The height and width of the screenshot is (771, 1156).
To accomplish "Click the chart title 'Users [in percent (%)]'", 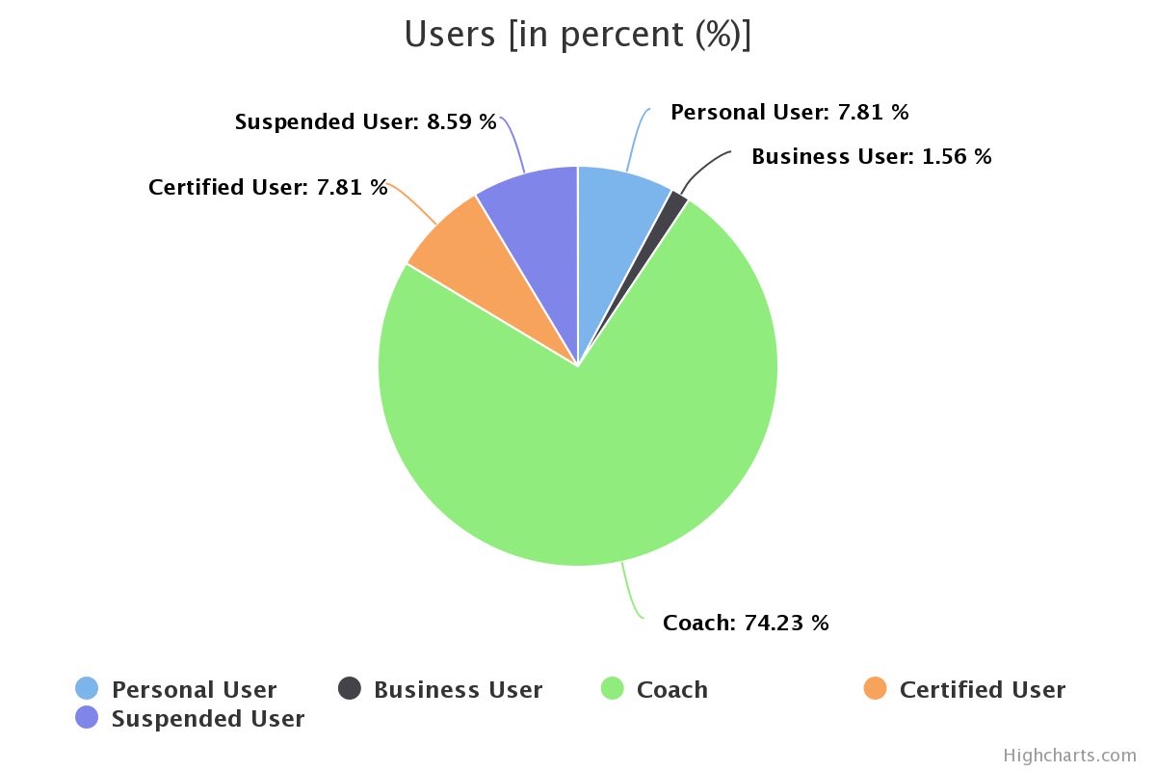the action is click(577, 34).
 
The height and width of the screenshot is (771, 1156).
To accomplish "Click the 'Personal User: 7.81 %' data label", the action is click(790, 112).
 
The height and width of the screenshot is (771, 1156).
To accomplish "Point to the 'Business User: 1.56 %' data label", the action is click(871, 156).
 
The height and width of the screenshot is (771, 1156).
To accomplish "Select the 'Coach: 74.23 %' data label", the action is click(746, 623).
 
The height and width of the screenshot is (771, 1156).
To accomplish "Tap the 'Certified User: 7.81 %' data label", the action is click(268, 187).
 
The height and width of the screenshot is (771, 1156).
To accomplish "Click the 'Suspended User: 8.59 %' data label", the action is click(365, 121).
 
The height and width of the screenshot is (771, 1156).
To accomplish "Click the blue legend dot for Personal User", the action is click(87, 688).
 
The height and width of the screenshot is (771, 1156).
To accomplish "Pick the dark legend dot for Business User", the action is click(350, 688).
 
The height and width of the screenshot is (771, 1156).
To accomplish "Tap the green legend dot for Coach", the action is click(613, 688).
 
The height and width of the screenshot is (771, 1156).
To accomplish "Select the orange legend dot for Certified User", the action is click(876, 688).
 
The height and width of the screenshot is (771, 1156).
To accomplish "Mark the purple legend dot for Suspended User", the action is click(87, 717).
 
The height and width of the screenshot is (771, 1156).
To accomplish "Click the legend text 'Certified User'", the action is click(983, 690).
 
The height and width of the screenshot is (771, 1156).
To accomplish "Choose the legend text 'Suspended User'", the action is click(208, 719).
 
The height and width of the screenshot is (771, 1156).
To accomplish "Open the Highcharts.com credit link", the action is click(1070, 756).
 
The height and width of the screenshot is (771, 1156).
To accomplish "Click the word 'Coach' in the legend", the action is click(672, 690).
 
